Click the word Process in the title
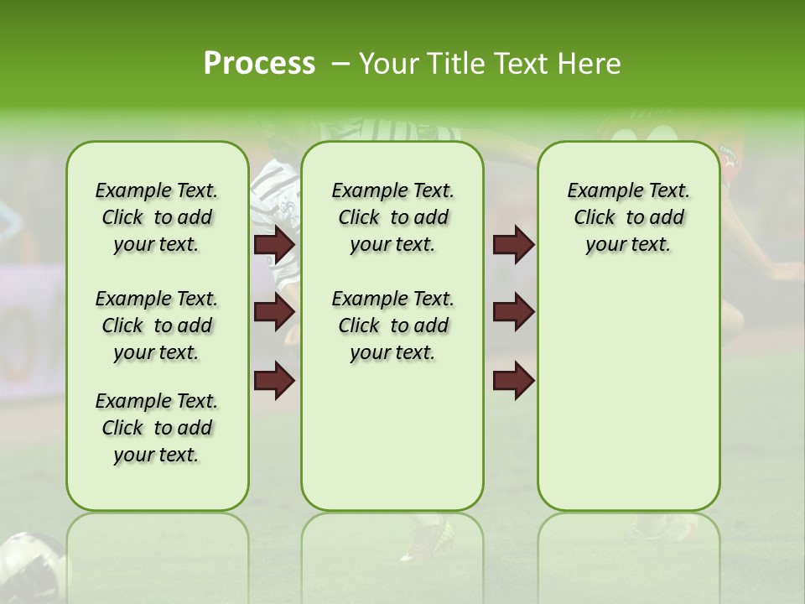coord(259,64)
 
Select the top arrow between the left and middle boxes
coord(274,244)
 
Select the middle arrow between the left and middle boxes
coord(274,312)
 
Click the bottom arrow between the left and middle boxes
coord(274,380)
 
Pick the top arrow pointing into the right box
coord(513,244)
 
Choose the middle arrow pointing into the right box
coord(513,312)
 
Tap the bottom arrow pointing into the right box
coord(513,380)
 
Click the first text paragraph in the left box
coord(157,217)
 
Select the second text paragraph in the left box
coord(157,325)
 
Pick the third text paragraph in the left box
coord(157,428)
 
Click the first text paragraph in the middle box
coord(392,217)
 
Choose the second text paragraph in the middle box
coord(392,325)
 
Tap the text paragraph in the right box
coord(628,217)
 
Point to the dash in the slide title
coord(340,64)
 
